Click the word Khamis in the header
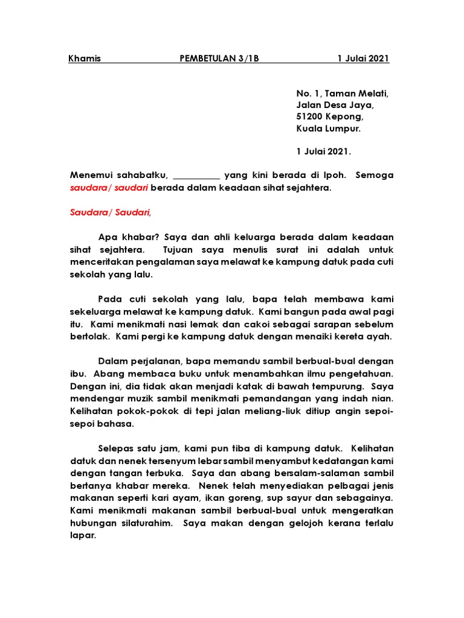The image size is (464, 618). coord(85,59)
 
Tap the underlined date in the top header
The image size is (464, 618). coord(363,59)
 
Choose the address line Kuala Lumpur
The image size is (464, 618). coord(328,129)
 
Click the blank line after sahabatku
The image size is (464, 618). coord(196,176)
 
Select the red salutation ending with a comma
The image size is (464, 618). coord(111,212)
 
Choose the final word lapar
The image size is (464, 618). coord(82,535)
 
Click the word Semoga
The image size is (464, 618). coord(374,176)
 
